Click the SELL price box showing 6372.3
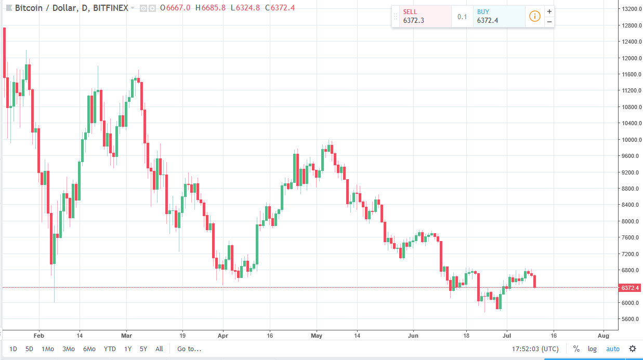(422, 17)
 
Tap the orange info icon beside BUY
(534, 17)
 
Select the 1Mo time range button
(48, 349)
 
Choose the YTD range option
(110, 349)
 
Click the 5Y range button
(143, 349)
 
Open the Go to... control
(189, 349)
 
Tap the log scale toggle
(592, 349)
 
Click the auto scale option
(613, 349)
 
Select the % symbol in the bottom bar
(576, 349)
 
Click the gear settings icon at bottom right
(632, 349)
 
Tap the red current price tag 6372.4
(629, 287)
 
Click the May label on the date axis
(317, 336)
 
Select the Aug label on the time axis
(603, 336)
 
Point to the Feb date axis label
(38, 336)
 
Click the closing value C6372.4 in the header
(284, 8)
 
